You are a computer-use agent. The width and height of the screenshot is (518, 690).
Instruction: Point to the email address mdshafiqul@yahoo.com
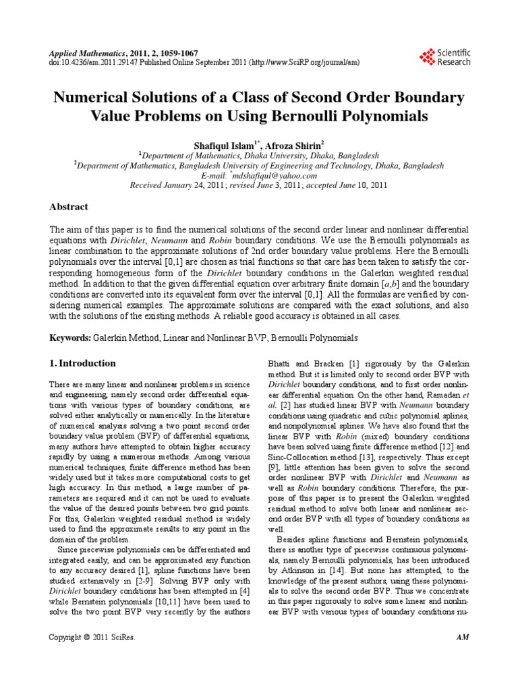pyautogui.click(x=264, y=175)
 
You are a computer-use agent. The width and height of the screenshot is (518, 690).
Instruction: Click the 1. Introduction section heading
pyautogui.click(x=83, y=363)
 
